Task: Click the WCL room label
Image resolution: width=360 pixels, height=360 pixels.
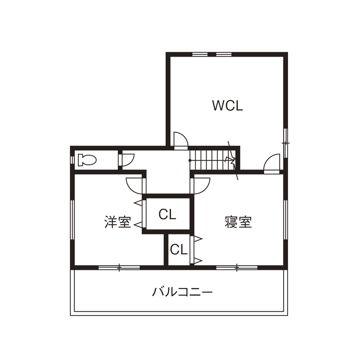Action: point(228,105)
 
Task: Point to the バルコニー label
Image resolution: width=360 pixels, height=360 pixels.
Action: point(183,293)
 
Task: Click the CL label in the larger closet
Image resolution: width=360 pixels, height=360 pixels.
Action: point(167,214)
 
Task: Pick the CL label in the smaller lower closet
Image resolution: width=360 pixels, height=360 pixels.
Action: point(178,249)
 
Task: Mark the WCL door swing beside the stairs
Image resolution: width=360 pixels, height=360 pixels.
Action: point(180,140)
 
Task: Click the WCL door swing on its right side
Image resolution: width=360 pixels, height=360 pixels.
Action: point(272,163)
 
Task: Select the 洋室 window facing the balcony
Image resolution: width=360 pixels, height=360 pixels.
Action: point(119,268)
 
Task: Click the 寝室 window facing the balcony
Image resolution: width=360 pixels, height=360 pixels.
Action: point(237,268)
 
